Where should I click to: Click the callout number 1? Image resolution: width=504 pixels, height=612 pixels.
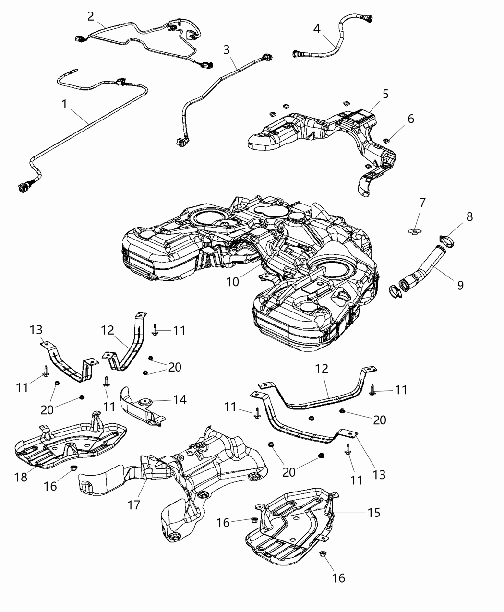pyautogui.click(x=64, y=104)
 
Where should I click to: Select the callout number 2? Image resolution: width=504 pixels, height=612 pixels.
pyautogui.click(x=91, y=16)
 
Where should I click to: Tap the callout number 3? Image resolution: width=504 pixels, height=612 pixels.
pyautogui.click(x=227, y=49)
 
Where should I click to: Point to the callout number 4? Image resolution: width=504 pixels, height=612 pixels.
pyautogui.click(x=317, y=28)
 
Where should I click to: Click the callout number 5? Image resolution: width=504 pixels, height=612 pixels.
pyautogui.click(x=385, y=94)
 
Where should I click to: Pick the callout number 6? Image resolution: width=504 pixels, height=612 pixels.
pyautogui.click(x=410, y=119)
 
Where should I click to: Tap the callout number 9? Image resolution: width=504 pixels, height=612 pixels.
pyautogui.click(x=460, y=286)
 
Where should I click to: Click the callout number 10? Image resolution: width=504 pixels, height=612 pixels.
pyautogui.click(x=232, y=282)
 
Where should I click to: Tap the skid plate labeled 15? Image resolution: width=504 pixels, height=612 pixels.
pyautogui.click(x=293, y=523)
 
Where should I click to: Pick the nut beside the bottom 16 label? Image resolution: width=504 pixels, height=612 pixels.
pyautogui.click(x=323, y=554)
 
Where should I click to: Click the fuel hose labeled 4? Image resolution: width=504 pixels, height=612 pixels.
pyautogui.click(x=336, y=38)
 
